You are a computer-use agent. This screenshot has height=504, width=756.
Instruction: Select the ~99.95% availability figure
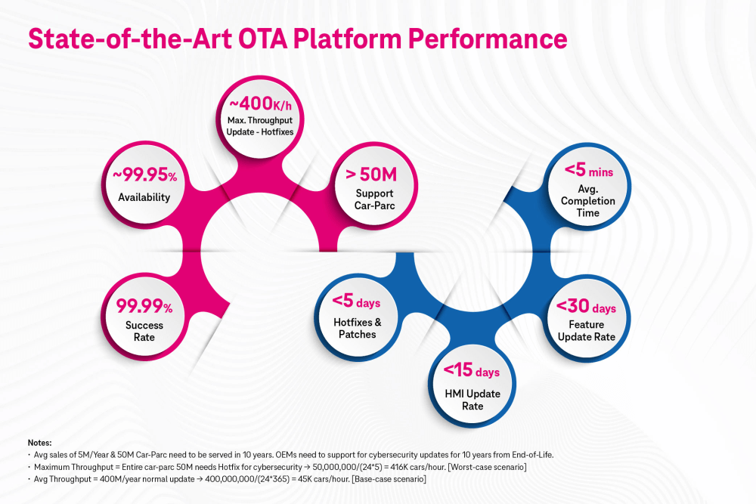(x=144, y=176)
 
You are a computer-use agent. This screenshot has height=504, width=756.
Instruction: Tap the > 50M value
(x=371, y=176)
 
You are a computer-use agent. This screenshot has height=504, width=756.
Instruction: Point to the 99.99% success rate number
(x=144, y=306)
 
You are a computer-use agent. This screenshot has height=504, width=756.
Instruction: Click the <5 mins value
(x=588, y=171)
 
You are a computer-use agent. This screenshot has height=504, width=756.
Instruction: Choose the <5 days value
(x=356, y=303)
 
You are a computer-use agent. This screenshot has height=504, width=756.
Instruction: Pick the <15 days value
(x=472, y=371)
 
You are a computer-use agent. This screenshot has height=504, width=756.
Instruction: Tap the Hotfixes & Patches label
(x=357, y=328)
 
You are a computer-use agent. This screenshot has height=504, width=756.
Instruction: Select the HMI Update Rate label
(x=472, y=400)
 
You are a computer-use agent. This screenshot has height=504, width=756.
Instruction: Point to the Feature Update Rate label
(x=587, y=330)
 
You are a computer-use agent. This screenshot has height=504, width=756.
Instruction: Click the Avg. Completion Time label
(x=588, y=201)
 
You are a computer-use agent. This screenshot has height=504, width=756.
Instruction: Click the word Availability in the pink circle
(x=144, y=197)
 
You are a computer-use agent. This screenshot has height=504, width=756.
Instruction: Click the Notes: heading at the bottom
(x=39, y=443)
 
